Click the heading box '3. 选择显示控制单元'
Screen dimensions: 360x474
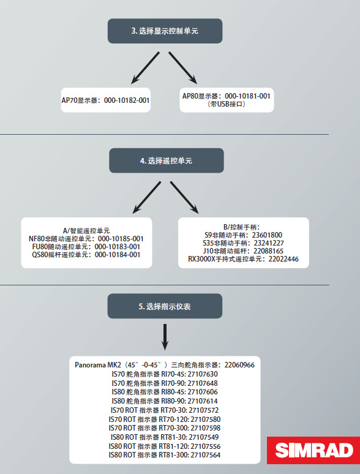click(165, 31)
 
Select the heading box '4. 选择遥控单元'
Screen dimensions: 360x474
click(167, 160)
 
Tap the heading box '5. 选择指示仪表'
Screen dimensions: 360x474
click(165, 306)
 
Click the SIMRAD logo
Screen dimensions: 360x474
click(313, 450)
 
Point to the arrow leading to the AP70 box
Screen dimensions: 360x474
click(145, 68)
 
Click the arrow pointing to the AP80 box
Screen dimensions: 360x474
click(183, 68)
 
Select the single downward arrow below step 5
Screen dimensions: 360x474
click(165, 337)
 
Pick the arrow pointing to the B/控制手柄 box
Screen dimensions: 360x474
click(184, 197)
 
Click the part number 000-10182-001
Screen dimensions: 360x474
click(127, 100)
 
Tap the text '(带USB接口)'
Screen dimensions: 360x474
click(227, 104)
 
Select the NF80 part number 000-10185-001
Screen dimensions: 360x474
click(120, 239)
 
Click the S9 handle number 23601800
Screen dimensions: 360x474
click(267, 235)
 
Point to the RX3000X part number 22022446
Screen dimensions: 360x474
click(283, 259)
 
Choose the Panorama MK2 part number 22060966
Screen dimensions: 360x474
click(240, 365)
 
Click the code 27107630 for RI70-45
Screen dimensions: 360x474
click(203, 374)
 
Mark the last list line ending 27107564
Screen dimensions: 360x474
click(165, 455)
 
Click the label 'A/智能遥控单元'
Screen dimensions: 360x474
click(86, 231)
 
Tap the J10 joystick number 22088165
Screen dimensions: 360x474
click(268, 251)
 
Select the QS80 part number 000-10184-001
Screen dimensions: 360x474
click(118, 255)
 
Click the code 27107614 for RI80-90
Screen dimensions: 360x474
click(203, 401)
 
